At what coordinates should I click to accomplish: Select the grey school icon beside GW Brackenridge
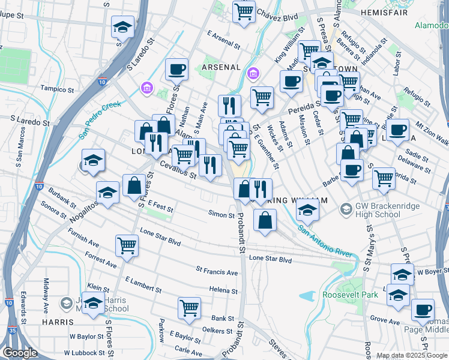[x=346, y=209]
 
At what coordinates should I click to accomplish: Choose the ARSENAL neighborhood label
[x=221, y=67]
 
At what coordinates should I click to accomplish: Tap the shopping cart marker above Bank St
[x=190, y=308]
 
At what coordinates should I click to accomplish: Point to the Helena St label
[x=223, y=290]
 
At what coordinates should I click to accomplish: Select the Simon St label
[x=221, y=214]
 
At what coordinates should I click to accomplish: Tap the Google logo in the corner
[x=19, y=353]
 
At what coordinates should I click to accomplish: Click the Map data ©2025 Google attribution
[x=411, y=356]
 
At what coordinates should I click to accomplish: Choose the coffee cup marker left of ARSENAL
[x=176, y=70]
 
